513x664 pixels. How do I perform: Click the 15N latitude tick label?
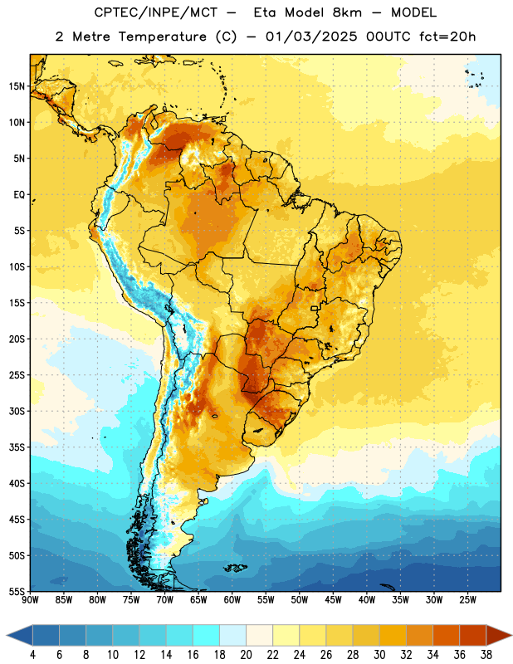pos(17,86)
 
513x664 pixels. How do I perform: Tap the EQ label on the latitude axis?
pos(19,195)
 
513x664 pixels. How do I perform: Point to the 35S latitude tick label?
pos(17,447)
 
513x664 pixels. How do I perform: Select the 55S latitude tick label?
pos(17,591)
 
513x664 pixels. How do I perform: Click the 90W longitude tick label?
pos(30,599)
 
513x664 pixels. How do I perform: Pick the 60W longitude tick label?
pos(232,599)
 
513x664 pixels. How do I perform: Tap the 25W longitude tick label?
pos(467,599)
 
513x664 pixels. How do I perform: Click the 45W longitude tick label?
pos(333,599)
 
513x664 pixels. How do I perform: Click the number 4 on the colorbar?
pos(32,655)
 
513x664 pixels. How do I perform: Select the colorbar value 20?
pos(246,655)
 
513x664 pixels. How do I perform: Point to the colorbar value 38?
pos(486,655)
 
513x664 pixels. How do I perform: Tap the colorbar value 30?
pos(379,655)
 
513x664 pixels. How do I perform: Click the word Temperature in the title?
pos(162,37)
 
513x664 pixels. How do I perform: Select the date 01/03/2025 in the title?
pos(311,37)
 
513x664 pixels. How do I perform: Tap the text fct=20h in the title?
pos(447,37)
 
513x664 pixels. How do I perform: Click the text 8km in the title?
pos(347,12)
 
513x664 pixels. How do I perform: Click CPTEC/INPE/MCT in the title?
pos(155,12)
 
